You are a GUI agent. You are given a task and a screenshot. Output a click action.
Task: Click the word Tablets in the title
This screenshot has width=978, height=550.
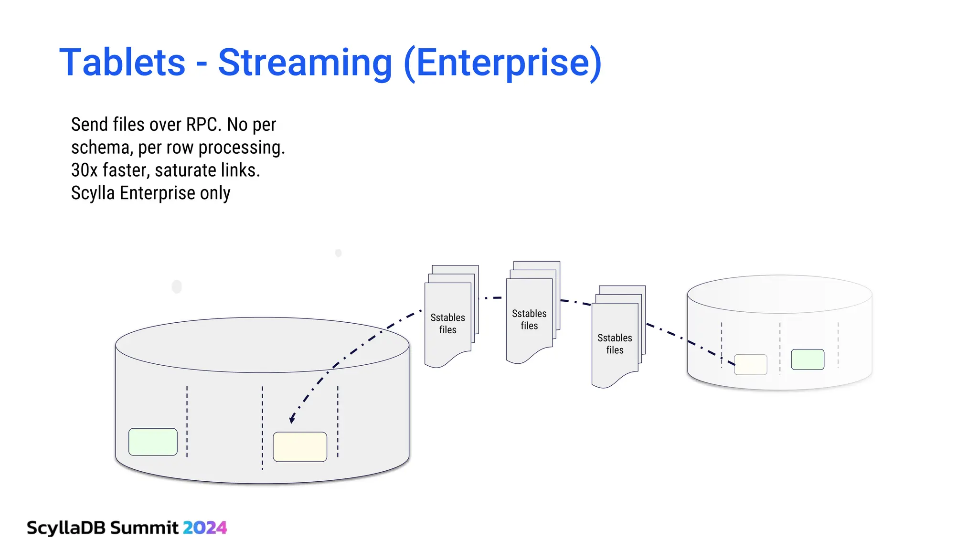[x=122, y=63]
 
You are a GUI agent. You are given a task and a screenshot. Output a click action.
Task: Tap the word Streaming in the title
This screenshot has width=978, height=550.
[x=305, y=63]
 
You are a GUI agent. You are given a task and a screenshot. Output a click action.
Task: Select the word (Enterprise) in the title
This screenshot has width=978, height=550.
[x=502, y=63]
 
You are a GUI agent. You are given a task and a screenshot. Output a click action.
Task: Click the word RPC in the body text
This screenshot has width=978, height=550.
[x=203, y=125]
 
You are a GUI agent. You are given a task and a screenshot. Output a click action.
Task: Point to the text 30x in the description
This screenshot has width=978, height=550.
[x=84, y=170]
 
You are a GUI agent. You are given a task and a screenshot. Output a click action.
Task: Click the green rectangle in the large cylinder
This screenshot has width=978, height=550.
[x=153, y=442]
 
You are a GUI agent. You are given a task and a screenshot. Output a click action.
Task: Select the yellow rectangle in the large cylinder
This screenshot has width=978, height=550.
[x=300, y=446]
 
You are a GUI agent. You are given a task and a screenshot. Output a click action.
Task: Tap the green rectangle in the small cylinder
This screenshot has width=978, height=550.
[x=808, y=360]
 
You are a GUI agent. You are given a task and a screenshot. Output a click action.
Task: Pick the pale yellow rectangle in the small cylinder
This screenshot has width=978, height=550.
[x=751, y=365]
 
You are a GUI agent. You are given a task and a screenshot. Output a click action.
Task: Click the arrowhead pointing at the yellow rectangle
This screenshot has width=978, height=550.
[x=292, y=420]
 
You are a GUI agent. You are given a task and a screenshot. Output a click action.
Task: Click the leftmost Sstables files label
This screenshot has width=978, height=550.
[x=447, y=324]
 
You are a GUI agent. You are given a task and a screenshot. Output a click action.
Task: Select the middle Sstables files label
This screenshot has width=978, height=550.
[x=529, y=319]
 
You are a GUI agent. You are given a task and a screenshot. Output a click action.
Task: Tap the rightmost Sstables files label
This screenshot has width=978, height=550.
[x=615, y=344]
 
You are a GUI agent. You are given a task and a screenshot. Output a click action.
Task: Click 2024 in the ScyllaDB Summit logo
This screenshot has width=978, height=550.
[x=205, y=528]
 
